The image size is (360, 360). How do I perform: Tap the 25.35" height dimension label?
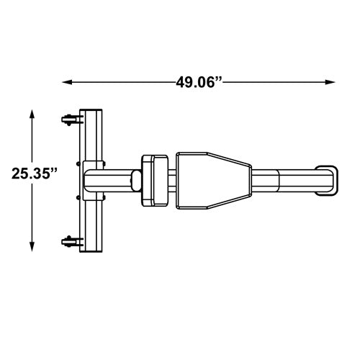pos(34,174)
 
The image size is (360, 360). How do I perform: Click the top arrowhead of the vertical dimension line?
pos(32,114)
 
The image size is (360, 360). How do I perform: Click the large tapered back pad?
pos(212,179)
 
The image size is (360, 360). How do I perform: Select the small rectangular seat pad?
pos(155,179)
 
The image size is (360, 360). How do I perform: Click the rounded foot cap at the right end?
pos(328,179)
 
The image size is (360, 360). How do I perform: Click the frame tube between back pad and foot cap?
pos(284,179)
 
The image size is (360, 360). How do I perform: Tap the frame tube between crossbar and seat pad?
pos(119,179)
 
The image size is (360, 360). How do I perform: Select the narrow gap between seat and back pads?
pos(172,179)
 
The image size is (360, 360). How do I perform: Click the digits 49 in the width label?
pos(184,82)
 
